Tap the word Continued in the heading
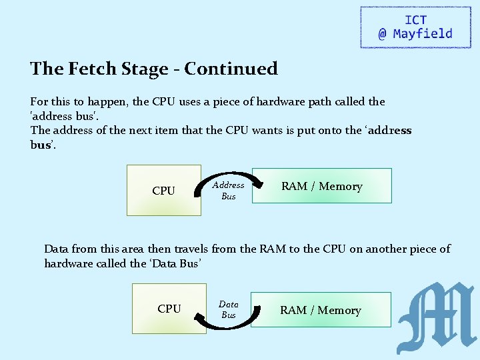(x=231, y=69)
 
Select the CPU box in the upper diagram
(x=163, y=191)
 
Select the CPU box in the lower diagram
(x=169, y=309)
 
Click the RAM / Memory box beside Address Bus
(x=321, y=186)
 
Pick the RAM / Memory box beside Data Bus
(x=320, y=310)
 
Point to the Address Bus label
(x=229, y=191)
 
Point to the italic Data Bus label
(x=229, y=309)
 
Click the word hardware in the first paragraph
(x=239, y=102)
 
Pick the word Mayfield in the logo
(x=423, y=33)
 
